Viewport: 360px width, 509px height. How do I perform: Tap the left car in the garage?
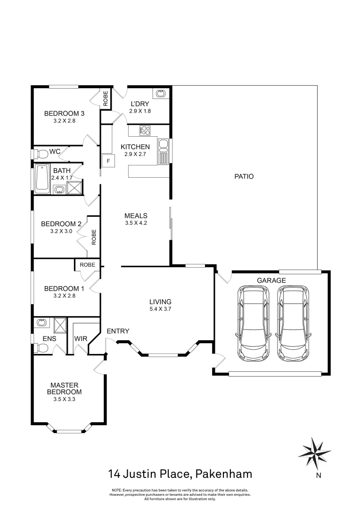coord(254,323)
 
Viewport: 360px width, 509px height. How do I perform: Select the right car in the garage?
coord(294,323)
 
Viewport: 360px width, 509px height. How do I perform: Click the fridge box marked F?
coord(108,161)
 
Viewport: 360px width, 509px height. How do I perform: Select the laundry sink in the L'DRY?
coord(161,94)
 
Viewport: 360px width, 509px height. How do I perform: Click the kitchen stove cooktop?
coord(145,130)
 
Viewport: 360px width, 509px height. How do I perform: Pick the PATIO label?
coord(244,177)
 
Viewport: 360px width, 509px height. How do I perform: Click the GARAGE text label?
coord(271,280)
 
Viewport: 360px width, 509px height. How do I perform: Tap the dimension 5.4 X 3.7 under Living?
coord(160,309)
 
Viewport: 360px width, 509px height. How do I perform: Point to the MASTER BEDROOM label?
coord(65,388)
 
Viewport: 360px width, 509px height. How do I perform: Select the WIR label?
coord(80,338)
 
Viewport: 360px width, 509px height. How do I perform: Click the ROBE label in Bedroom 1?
coord(87,265)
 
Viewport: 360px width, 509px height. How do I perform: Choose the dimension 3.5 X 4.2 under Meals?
coord(136,223)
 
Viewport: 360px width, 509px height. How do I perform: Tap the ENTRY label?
coord(118,331)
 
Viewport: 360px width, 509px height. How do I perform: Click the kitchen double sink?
coord(163,151)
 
